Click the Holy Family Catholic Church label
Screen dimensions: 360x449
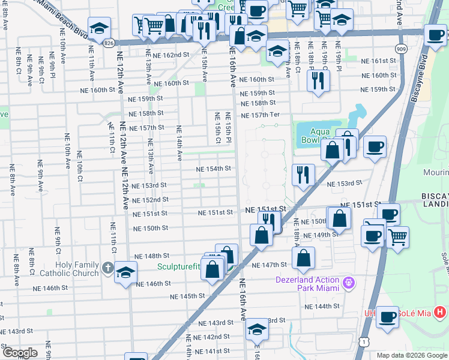point(77,269)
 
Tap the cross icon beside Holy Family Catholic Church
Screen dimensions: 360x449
point(107,268)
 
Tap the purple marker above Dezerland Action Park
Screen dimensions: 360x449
point(348,281)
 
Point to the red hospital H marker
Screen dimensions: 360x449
point(440,312)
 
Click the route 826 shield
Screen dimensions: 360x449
point(109,43)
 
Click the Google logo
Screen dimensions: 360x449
point(20,353)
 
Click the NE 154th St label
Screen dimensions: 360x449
point(214,169)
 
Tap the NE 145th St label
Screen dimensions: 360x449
point(187,296)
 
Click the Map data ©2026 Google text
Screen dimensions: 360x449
point(412,355)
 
